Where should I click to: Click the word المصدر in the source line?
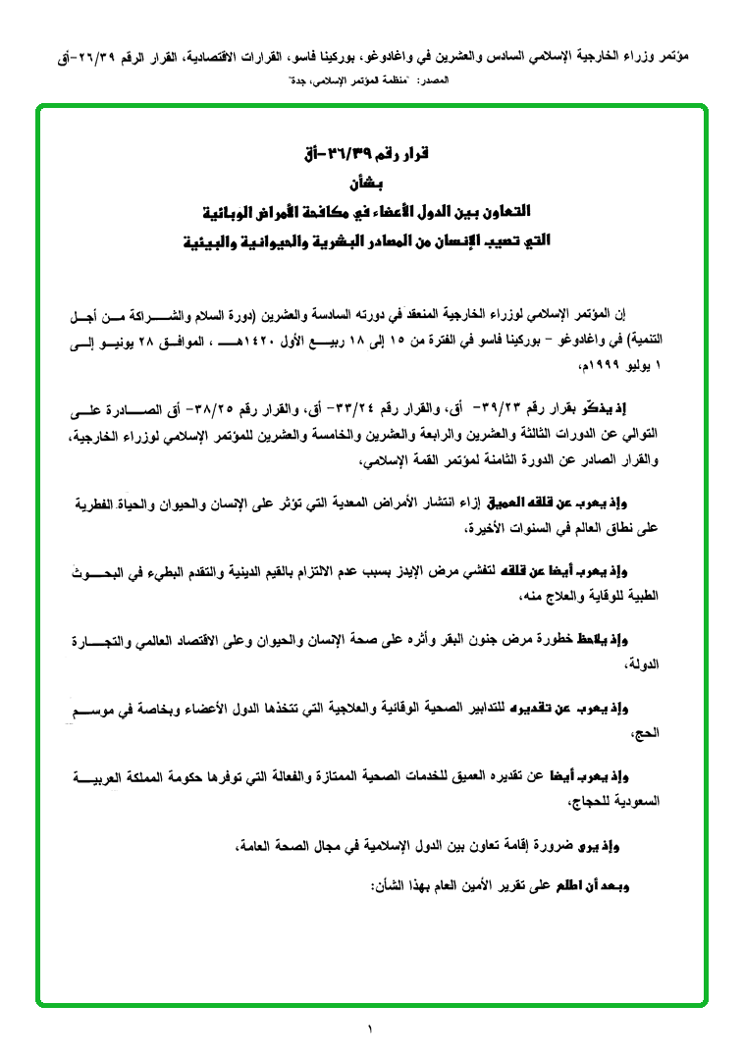[438, 77]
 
